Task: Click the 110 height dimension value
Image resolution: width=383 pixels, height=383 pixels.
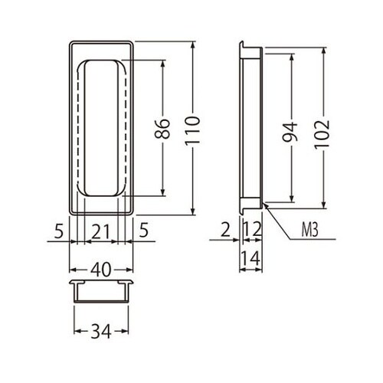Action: [192, 131]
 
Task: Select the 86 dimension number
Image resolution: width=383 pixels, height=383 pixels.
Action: [162, 129]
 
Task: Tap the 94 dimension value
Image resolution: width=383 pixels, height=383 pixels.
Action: [290, 132]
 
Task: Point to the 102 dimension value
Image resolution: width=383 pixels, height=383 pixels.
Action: [322, 135]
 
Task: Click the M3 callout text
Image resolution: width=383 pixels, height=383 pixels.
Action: [309, 230]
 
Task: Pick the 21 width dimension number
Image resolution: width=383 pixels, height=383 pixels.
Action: [100, 232]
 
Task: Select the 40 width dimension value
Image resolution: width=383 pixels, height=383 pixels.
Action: [101, 270]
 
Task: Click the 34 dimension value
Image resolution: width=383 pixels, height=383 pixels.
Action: [101, 332]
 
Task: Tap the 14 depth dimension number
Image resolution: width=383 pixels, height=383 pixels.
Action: [251, 258]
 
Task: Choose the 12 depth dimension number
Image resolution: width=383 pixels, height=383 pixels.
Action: [253, 229]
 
